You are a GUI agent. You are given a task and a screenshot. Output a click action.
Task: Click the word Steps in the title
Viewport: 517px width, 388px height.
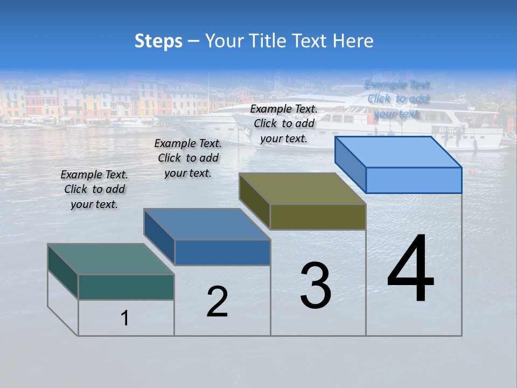pos(158,41)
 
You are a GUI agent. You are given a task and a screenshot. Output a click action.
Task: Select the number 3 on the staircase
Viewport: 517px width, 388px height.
pos(316,285)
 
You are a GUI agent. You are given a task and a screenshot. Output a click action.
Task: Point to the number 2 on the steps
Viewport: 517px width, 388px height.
pos(217,302)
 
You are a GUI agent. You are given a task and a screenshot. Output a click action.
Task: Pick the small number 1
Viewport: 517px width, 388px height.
pos(125,318)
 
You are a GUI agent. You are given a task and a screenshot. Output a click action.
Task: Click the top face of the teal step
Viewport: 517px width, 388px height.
pos(111,259)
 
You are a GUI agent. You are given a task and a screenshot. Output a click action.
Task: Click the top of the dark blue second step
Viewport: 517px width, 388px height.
pos(207,224)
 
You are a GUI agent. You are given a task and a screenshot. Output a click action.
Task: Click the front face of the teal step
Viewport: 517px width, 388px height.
pos(126,287)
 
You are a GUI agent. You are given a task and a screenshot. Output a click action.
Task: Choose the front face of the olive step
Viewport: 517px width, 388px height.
pos(318,217)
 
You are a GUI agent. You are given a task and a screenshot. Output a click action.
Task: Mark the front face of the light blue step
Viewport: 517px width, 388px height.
pos(414,180)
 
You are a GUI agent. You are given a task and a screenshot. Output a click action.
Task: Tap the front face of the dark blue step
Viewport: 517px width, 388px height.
pos(222,252)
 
